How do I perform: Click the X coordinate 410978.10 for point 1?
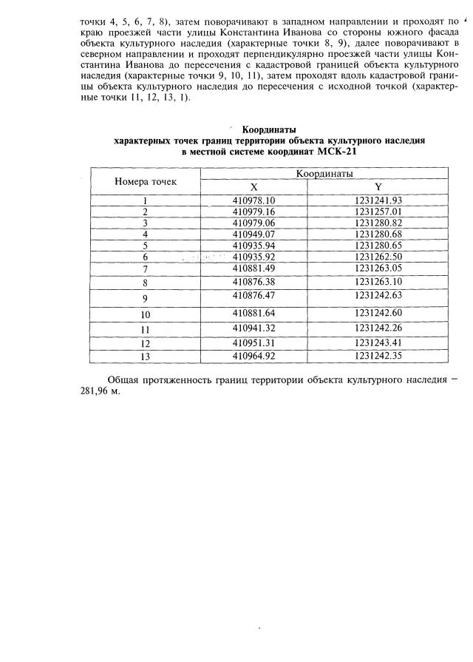pos(253,200)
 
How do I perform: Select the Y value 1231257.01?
pos(378,212)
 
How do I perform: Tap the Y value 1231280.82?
pos(378,223)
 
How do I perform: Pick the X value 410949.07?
pos(253,234)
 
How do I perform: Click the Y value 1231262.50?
pos(378,256)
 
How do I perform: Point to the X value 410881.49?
pos(253,268)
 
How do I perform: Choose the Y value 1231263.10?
pos(378,282)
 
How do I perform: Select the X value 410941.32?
pos(253,328)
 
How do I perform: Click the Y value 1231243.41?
pos(378,342)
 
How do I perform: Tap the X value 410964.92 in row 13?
pos(253,356)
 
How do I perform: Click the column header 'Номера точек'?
pos(146,181)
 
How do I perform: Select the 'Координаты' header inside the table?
pos(324,174)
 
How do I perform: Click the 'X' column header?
pos(253,188)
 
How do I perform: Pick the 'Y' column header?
pos(378,188)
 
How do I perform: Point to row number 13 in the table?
pos(146,357)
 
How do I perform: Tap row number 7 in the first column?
pos(146,268)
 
